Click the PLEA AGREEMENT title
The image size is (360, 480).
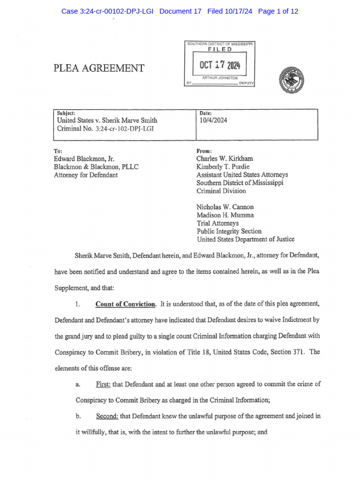99,68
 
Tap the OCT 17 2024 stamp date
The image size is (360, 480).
220,65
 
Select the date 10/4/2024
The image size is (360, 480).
213,120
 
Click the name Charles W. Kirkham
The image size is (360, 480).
225,159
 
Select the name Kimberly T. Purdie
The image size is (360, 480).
223,167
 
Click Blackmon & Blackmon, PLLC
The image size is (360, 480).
97,167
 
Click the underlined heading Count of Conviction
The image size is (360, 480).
125,304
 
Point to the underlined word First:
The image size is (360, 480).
103,384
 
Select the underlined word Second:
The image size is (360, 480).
107,416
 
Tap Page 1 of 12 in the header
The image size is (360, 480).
278,11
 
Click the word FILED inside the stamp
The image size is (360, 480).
220,49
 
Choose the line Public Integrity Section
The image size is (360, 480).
229,231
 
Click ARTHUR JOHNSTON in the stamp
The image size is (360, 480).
220,78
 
